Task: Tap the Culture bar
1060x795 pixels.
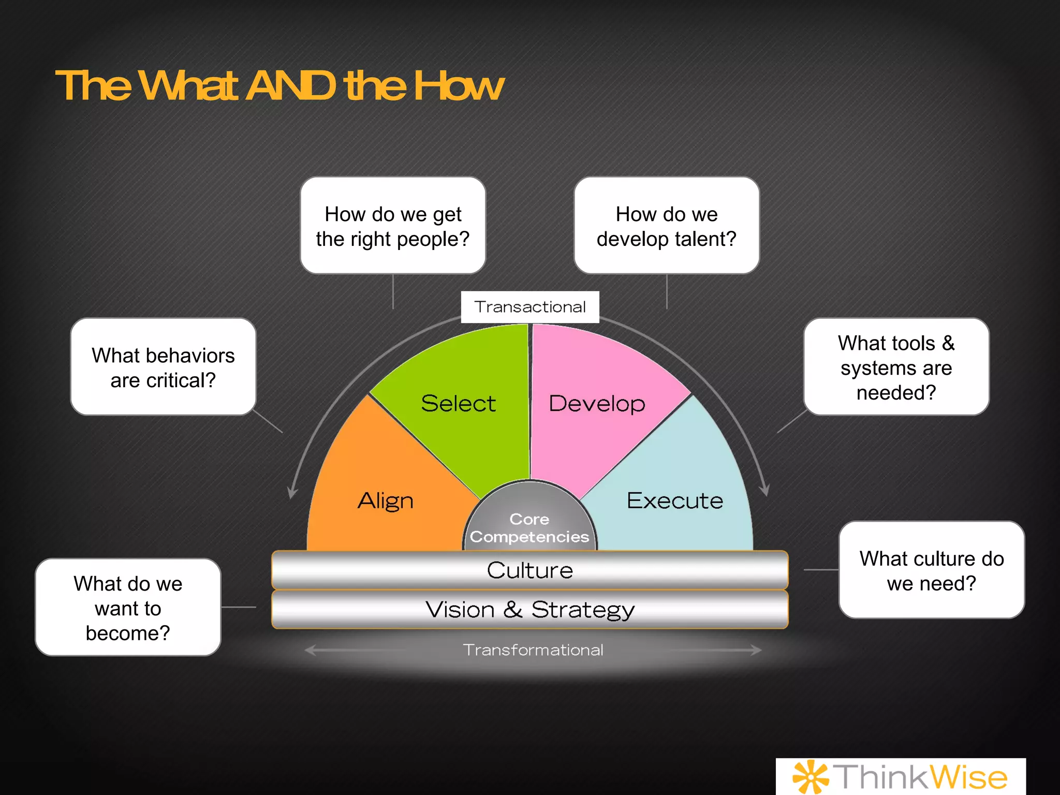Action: coord(529,570)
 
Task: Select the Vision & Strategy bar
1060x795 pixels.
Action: coord(529,609)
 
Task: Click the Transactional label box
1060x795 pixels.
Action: coord(530,307)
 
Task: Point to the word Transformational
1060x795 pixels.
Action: coord(533,650)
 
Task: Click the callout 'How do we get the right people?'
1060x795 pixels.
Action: coord(393,226)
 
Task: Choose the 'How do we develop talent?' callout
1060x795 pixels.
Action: coord(667,226)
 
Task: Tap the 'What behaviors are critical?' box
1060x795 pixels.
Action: coord(163,367)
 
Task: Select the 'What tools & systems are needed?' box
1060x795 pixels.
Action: coord(896,367)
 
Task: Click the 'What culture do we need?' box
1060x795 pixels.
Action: coord(932,570)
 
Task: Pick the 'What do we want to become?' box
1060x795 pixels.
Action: coord(128,608)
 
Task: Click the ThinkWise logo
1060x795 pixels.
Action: coord(901,776)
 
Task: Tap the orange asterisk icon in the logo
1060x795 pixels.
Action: coord(811,776)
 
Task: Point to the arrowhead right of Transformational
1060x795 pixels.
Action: coord(757,650)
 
